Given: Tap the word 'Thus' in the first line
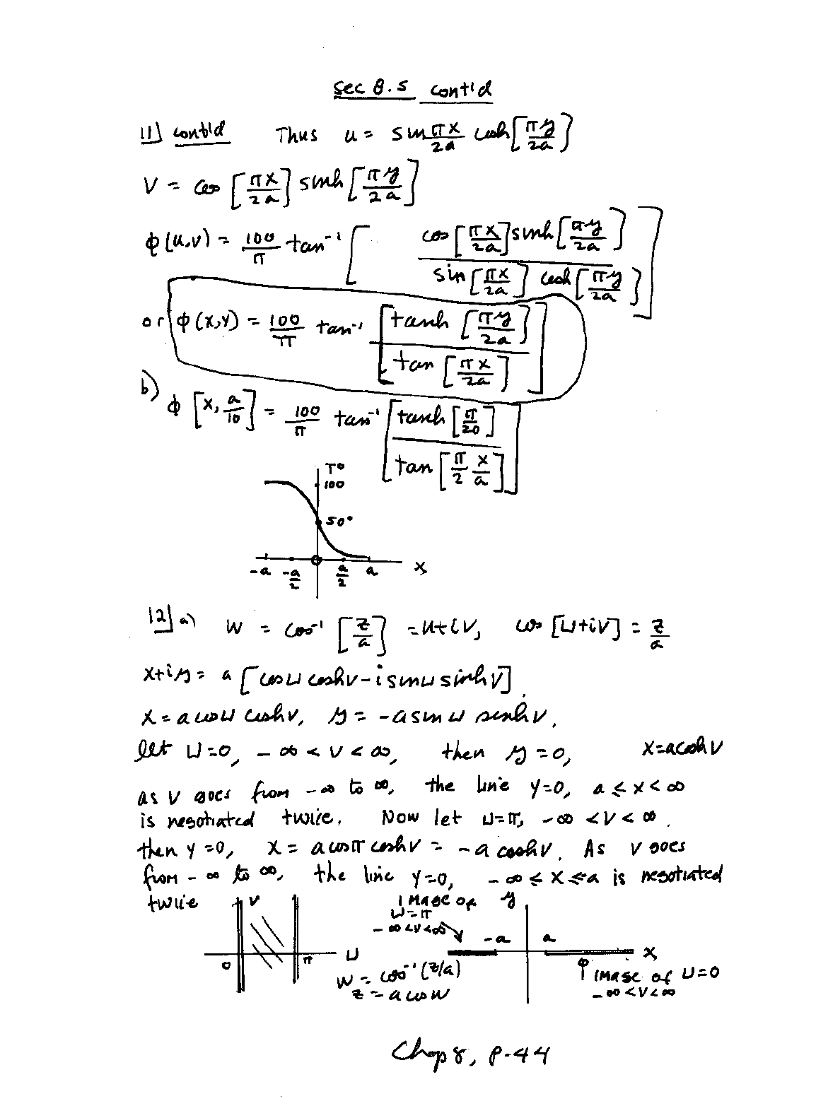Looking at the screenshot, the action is pyautogui.click(x=297, y=135).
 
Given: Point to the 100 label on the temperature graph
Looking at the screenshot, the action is pyautogui.click(x=334, y=485).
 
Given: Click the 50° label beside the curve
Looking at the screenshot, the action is pyautogui.click(x=339, y=522).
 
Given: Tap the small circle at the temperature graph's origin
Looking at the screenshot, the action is pyautogui.click(x=317, y=560).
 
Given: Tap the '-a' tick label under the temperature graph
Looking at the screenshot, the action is pyautogui.click(x=260, y=572).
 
